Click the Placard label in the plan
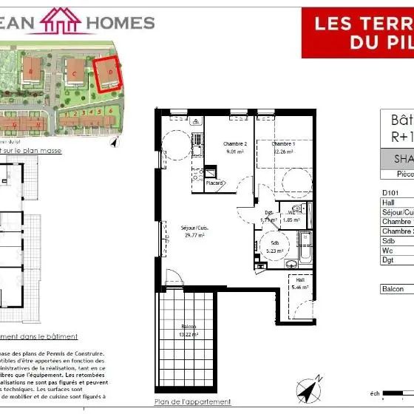click(214, 183)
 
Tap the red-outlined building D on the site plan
click(109, 73)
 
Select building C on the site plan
click(75, 72)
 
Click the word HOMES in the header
click(121, 22)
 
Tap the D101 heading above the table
click(390, 193)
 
